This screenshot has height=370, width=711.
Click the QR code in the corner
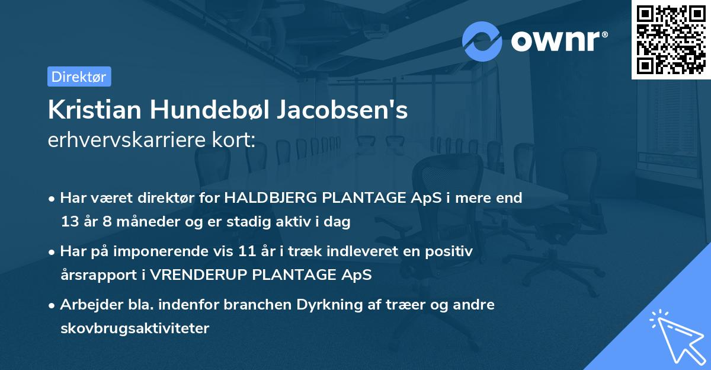tap(671, 39)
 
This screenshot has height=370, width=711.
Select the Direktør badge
tap(79, 76)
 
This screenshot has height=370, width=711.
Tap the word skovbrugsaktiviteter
tap(134, 328)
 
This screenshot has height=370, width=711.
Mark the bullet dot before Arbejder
tap(52, 305)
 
